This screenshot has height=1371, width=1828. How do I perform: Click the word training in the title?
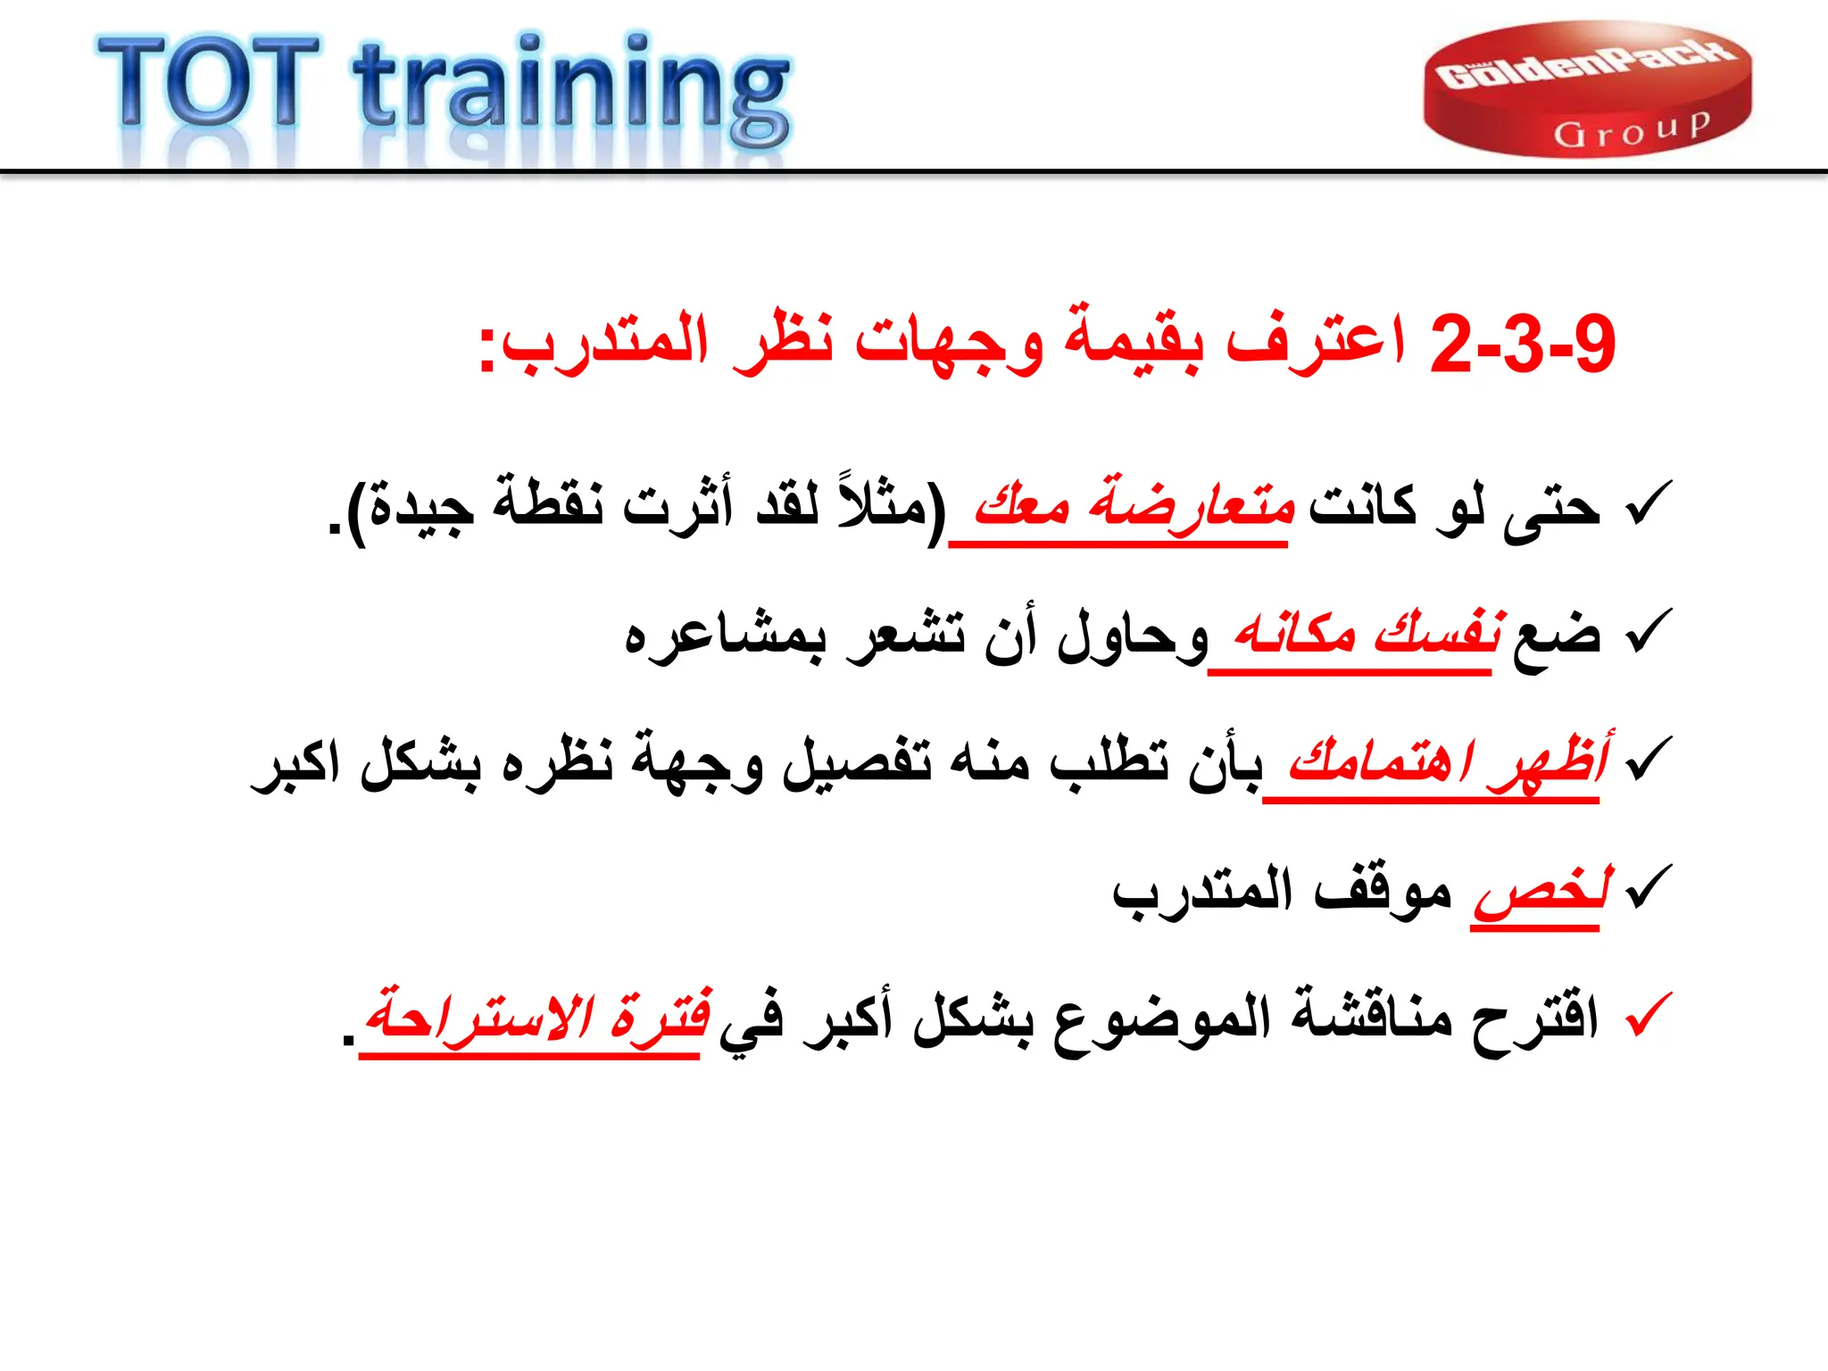coord(571,89)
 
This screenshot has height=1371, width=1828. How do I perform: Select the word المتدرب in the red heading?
coord(606,344)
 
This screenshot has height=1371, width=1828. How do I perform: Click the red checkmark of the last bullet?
coord(1648,1016)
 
